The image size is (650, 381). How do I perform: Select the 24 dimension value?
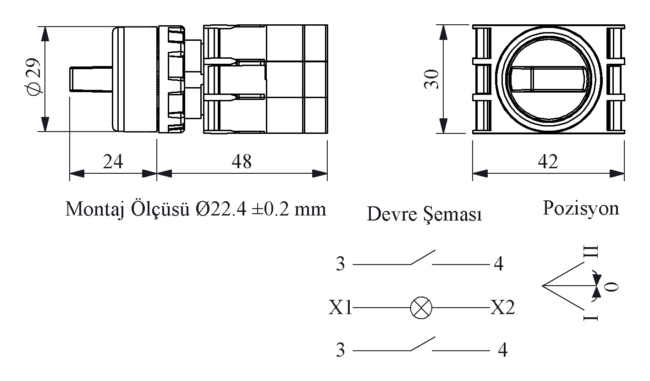(x=113, y=161)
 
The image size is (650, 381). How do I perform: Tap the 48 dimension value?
(x=242, y=161)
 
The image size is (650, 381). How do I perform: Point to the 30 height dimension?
(x=431, y=79)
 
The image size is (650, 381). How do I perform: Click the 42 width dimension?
(x=548, y=161)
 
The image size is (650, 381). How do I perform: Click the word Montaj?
(x=94, y=210)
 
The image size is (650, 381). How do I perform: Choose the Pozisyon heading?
(x=581, y=208)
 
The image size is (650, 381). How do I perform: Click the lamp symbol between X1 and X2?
(x=421, y=308)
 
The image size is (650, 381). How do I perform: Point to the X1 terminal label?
(x=340, y=307)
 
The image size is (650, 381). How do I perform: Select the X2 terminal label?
(x=502, y=307)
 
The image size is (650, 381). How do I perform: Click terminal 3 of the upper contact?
(x=341, y=264)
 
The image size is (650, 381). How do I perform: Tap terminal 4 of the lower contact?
(x=502, y=350)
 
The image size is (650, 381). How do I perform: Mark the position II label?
(x=591, y=252)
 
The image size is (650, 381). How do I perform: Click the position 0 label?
(x=611, y=287)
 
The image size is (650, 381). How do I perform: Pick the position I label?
(x=591, y=318)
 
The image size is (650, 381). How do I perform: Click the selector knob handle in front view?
(x=548, y=79)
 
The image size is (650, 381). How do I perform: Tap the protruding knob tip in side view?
(x=91, y=79)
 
